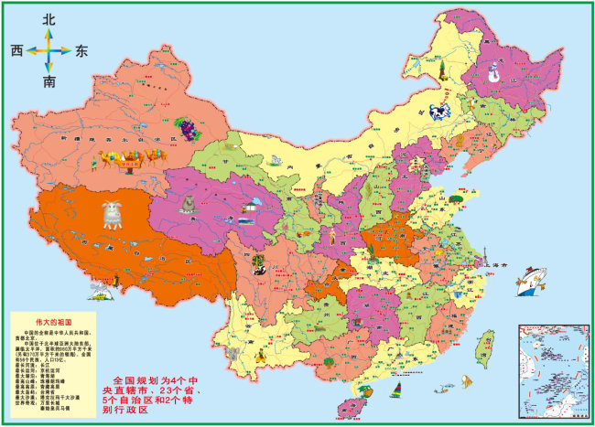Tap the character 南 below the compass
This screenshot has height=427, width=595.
point(49,82)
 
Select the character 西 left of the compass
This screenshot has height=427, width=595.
point(16,50)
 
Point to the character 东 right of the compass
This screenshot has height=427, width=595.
point(82,51)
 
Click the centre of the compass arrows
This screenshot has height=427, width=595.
point(49,50)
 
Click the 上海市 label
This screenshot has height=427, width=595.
point(501,264)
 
